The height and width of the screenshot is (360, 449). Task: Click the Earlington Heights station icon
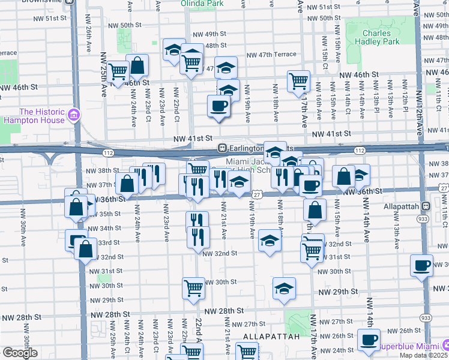coord(221,148)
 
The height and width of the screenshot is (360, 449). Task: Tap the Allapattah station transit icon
coord(426,206)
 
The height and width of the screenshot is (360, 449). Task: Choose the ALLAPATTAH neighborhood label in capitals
coord(271,337)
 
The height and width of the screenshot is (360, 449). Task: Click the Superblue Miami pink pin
coord(445,346)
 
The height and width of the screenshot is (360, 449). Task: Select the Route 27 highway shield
coord(256,194)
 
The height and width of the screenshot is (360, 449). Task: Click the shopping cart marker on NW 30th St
coord(193,289)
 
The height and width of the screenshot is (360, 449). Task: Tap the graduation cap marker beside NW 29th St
coord(284,289)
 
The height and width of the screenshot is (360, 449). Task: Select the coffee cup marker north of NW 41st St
coord(218,106)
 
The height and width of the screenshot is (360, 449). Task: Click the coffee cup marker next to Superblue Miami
coord(369,340)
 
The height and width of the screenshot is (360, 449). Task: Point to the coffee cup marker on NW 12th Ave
coord(421,265)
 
